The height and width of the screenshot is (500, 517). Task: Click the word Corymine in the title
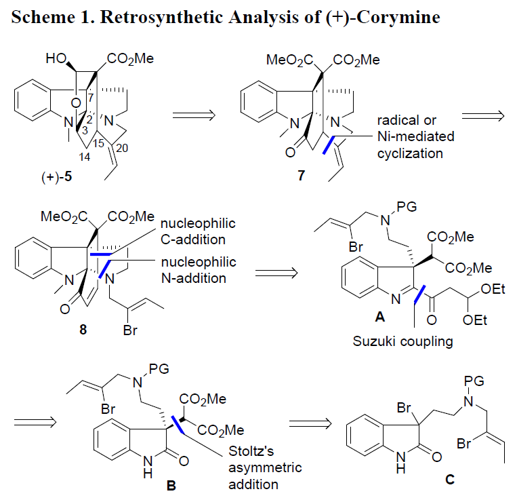click(398, 17)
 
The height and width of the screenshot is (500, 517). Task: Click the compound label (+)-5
click(56, 177)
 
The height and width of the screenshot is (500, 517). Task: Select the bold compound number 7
click(302, 176)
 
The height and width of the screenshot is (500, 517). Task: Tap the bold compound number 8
click(83, 329)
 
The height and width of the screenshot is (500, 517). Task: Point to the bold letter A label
click(380, 317)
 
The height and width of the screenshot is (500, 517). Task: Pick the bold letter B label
click(171, 486)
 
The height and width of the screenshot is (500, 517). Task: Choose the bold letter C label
click(450, 479)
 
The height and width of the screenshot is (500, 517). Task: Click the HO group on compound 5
click(56, 58)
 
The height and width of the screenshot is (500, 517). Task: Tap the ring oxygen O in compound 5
click(75, 103)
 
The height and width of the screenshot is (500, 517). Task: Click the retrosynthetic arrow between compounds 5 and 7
click(194, 115)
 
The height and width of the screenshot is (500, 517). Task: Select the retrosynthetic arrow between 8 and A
click(276, 273)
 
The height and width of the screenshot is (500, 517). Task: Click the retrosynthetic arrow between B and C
click(310, 423)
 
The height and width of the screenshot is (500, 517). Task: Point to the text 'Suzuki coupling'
click(402, 341)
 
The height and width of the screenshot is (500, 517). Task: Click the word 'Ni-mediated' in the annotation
click(416, 136)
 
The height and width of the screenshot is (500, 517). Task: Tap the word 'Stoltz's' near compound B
click(251, 451)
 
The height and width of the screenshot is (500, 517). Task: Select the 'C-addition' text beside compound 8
click(193, 239)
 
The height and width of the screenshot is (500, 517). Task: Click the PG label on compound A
click(407, 207)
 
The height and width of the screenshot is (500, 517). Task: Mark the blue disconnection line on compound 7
click(329, 145)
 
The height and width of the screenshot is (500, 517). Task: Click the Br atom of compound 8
click(130, 330)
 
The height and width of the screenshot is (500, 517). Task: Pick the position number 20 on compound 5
click(122, 148)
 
